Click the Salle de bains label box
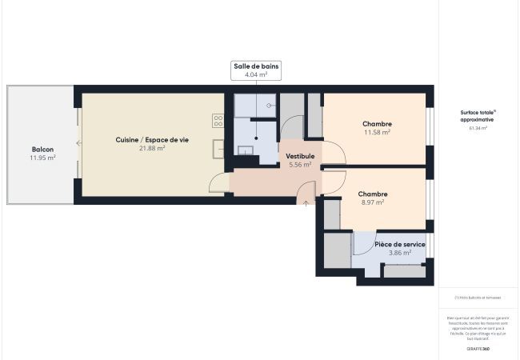point(256,70)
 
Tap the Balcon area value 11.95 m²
point(42,158)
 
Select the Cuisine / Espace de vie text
point(152,140)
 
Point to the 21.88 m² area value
point(152,149)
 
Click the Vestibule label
point(301,156)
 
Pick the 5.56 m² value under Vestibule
point(301,165)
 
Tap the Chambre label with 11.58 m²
point(376,124)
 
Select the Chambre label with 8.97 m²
point(373,194)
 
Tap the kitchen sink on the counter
point(218,149)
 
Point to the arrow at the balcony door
point(78,143)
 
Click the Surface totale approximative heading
point(478,116)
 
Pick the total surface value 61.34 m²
point(478,128)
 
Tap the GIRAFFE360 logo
point(478,349)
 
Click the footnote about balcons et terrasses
point(478,298)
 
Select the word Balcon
point(42,150)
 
